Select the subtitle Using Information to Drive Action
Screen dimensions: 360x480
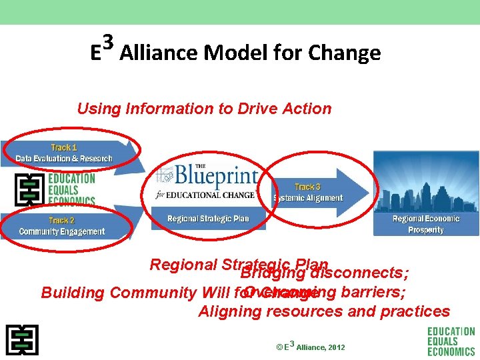pyautogui.click(x=204, y=109)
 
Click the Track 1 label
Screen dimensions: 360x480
pyautogui.click(x=64, y=147)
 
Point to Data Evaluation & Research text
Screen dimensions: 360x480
pyautogui.click(x=64, y=159)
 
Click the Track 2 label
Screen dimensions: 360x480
pyautogui.click(x=61, y=221)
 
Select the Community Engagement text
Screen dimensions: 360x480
pyautogui.click(x=62, y=232)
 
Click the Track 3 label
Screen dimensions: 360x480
pyautogui.click(x=307, y=187)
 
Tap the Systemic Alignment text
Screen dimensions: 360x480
pyautogui.click(x=308, y=198)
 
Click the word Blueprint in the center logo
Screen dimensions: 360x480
pyautogui.click(x=216, y=176)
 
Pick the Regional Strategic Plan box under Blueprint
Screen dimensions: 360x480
pyautogui.click(x=208, y=219)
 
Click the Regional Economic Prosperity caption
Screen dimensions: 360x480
pyautogui.click(x=426, y=224)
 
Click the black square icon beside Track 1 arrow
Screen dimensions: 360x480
pyautogui.click(x=30, y=189)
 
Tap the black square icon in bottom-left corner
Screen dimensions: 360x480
pyautogui.click(x=22, y=340)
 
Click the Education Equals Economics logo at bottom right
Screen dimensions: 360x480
pyautogui.click(x=451, y=341)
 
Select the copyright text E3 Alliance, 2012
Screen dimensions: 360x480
pyautogui.click(x=310, y=347)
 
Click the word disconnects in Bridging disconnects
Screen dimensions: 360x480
pyautogui.click(x=359, y=273)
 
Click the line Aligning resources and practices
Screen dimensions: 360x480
pyautogui.click(x=324, y=311)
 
